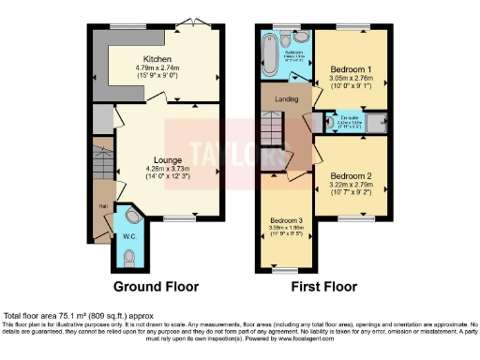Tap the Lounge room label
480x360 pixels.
pos(155,160)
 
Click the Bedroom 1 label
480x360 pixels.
pos(350,68)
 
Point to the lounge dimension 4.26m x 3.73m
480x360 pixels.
pos(155,170)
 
